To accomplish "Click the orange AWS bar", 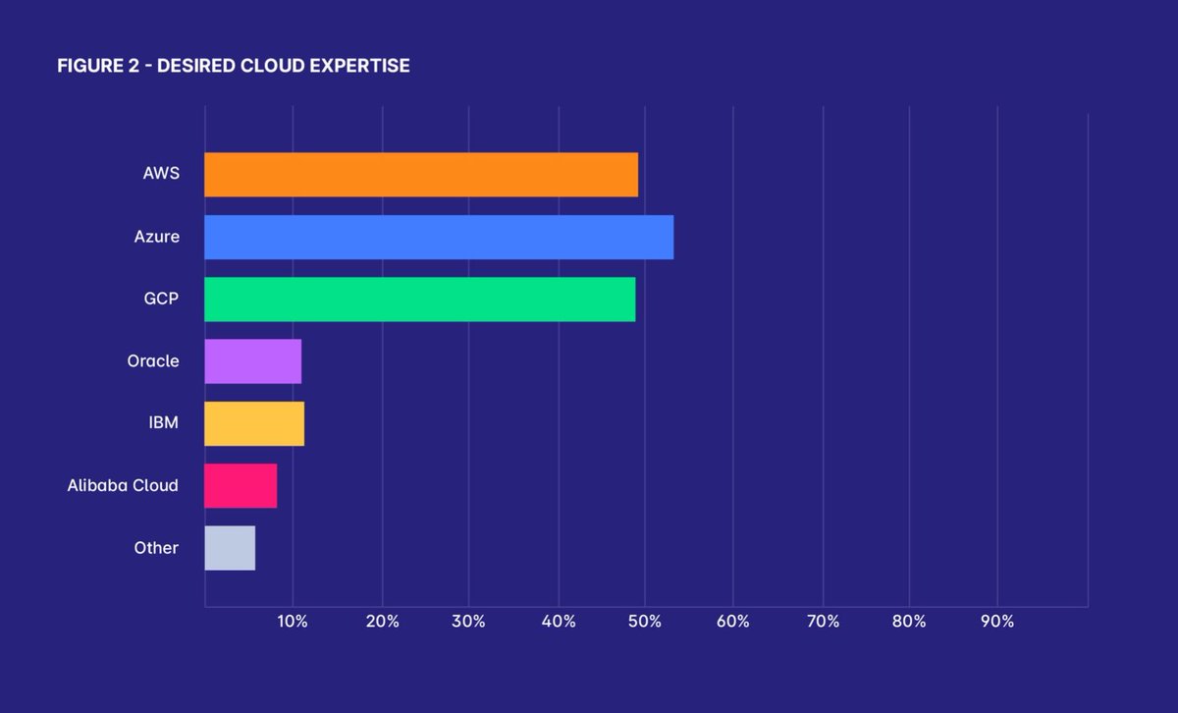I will click(421, 175).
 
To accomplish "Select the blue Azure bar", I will click(439, 237).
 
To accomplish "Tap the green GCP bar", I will click(420, 300).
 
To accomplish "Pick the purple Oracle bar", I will click(252, 361).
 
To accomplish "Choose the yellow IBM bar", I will click(254, 423).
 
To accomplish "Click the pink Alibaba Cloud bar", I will click(241, 486).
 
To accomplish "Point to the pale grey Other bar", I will click(230, 548).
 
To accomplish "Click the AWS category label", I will click(161, 175).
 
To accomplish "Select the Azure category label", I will click(157, 237).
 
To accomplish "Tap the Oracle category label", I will click(153, 361).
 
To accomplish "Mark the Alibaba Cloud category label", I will click(123, 486).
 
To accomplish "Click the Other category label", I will click(156, 548).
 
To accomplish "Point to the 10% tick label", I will click(293, 622).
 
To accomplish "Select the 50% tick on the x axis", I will click(645, 622).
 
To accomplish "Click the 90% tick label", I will click(997, 622).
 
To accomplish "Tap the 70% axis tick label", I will click(823, 622).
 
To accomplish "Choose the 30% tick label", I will click(468, 622).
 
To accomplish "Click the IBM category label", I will click(163, 423).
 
